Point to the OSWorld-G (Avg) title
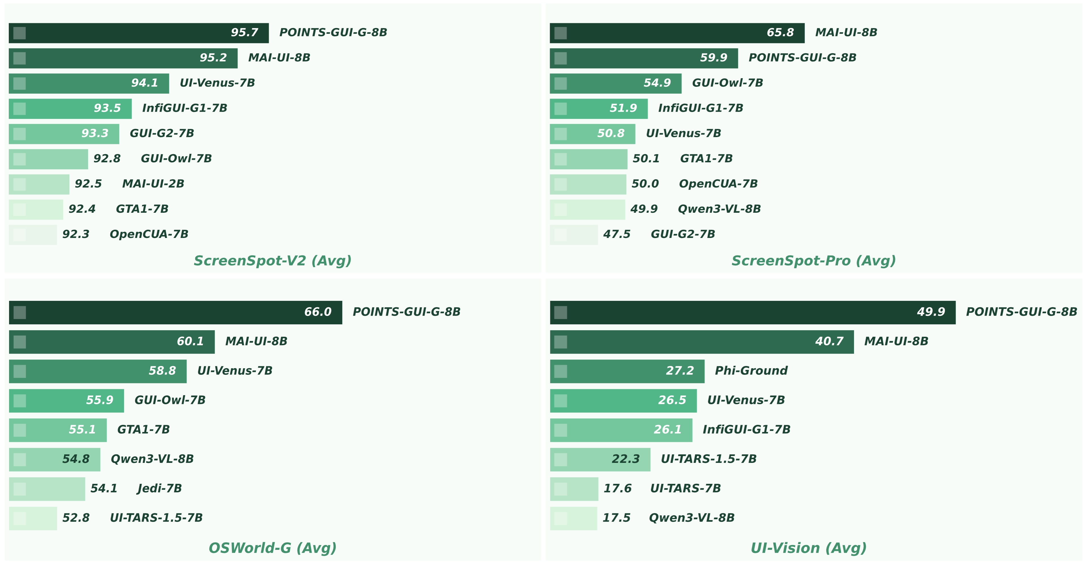pos(272,548)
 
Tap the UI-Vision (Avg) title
pos(808,548)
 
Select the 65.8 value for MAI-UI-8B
pos(780,33)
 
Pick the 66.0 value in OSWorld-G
pos(318,312)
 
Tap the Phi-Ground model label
pos(751,371)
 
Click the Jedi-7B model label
pos(159,488)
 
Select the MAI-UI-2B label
pos(153,184)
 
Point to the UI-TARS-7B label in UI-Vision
pos(685,488)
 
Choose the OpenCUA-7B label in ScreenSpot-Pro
pos(718,184)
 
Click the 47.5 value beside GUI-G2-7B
pos(617,234)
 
